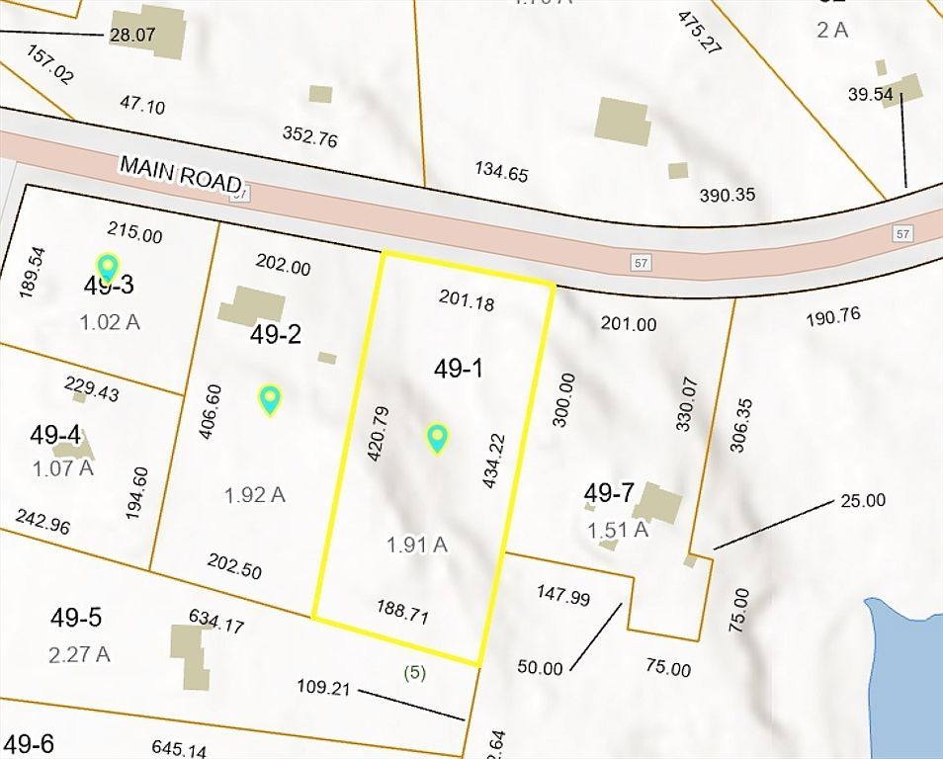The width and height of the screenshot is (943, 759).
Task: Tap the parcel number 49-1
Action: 458,369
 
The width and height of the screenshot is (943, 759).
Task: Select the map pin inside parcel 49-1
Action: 437,437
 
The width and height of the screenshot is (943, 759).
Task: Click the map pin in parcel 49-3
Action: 107,266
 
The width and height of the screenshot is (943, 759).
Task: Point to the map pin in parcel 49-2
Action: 270,398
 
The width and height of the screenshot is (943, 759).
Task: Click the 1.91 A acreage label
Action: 417,544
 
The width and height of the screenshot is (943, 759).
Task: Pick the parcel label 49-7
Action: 609,492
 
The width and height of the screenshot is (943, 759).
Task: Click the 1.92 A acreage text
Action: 254,494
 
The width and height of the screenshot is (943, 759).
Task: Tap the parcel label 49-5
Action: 76,618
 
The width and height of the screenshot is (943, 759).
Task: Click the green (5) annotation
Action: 415,673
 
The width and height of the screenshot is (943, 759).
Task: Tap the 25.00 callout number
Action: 863,500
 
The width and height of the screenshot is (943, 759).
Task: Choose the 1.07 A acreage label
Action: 63,467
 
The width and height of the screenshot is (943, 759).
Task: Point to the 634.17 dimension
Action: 216,621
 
